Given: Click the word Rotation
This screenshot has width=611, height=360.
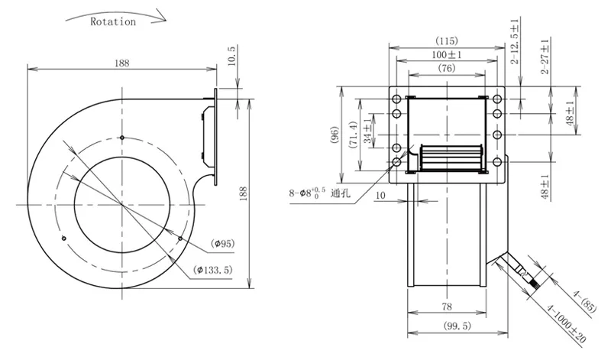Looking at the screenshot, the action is coord(113,21).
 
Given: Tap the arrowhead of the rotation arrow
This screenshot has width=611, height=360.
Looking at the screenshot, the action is coord(160,18).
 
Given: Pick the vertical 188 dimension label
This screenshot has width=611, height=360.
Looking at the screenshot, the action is coord(243,193).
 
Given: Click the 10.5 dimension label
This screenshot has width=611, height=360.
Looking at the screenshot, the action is coord(231,56).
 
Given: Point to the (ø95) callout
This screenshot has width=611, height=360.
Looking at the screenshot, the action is coord(223,244).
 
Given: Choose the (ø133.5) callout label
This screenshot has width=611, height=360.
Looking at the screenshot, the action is coord(213,270).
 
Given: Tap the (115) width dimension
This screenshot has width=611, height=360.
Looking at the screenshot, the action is coord(447,41).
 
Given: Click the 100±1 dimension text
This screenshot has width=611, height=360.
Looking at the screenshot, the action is coord(447,54).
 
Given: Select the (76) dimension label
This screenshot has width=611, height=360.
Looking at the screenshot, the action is coord(447,68).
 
